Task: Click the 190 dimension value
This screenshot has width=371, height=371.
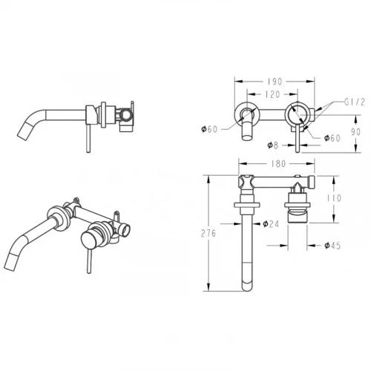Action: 275,82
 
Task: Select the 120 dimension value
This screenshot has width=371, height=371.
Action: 272,94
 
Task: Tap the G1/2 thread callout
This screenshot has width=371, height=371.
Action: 355,102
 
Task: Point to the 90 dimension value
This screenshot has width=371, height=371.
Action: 356,132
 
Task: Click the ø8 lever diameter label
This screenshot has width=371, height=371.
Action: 273,145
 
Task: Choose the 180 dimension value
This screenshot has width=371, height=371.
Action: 278,164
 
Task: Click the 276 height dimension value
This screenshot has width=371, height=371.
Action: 209,233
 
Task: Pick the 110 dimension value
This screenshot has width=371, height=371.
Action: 334,198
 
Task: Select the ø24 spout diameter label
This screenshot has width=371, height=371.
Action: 271,224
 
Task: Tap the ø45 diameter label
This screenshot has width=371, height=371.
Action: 332,246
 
